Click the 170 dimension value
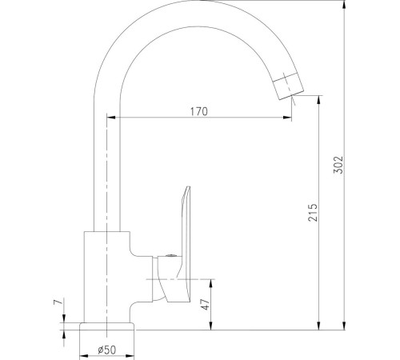pos(199,111)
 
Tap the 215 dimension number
pos(313,212)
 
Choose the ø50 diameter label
pos(107,349)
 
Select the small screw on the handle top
pos(170,257)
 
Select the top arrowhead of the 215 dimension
pos(319,101)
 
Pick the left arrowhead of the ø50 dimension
pos(82,350)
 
